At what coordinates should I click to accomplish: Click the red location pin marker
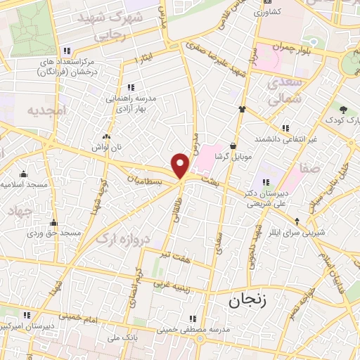click(x=181, y=166)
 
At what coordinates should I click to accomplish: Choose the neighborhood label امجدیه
click(x=46, y=111)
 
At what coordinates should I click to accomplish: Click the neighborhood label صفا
click(x=309, y=168)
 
